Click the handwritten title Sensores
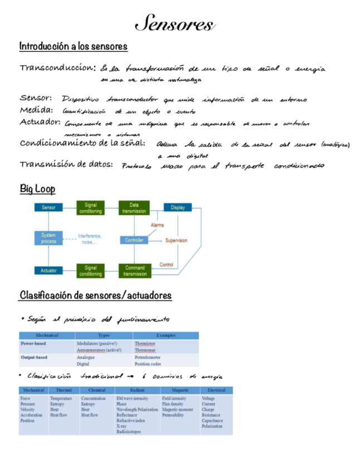(x=174, y=25)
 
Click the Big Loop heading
(x=37, y=189)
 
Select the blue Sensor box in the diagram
(x=48, y=207)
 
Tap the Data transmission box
(x=134, y=208)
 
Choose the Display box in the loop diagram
(x=178, y=207)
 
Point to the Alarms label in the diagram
(x=158, y=225)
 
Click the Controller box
(x=134, y=240)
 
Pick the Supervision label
(x=176, y=240)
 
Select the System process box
(x=48, y=238)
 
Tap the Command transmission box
(x=135, y=271)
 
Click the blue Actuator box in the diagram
(x=48, y=271)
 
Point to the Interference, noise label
(x=88, y=239)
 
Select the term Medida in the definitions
(x=36, y=110)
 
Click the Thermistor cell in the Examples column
(x=145, y=344)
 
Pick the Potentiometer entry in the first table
(x=147, y=357)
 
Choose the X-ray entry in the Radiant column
(x=121, y=426)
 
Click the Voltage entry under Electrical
(x=208, y=399)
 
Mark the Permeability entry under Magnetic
(x=173, y=415)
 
